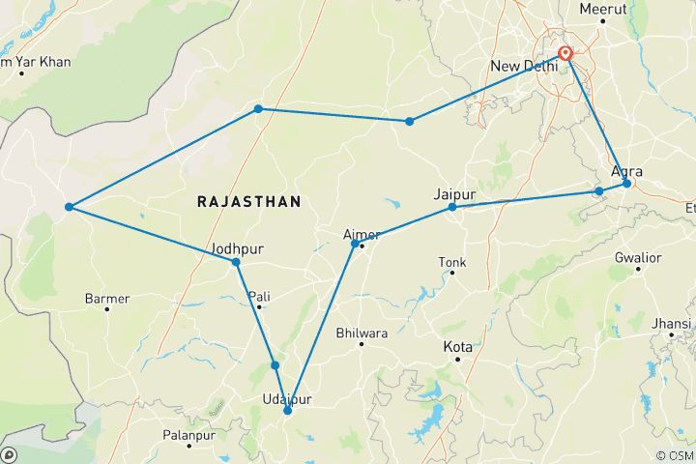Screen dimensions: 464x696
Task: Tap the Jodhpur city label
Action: (x=238, y=247)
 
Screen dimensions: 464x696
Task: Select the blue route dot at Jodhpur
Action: (x=235, y=262)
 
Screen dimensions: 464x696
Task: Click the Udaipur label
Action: (x=287, y=399)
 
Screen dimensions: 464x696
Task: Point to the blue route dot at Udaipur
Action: (x=287, y=411)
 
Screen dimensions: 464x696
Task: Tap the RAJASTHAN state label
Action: (x=248, y=201)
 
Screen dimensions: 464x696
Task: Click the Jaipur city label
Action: (x=455, y=193)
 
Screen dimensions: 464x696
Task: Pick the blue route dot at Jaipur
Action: (x=452, y=207)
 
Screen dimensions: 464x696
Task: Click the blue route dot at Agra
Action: (x=626, y=183)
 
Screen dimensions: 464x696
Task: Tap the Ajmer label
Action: (x=362, y=234)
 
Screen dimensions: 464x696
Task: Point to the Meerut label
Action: (x=603, y=9)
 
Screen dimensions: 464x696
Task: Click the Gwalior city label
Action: (x=638, y=258)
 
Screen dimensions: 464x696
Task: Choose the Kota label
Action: (x=457, y=346)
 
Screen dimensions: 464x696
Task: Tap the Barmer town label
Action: (x=107, y=299)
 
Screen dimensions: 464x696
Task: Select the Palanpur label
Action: (x=215, y=437)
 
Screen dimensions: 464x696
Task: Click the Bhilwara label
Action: (x=361, y=333)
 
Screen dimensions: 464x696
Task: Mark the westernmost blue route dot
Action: (x=69, y=207)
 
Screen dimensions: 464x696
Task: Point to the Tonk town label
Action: (x=452, y=262)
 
